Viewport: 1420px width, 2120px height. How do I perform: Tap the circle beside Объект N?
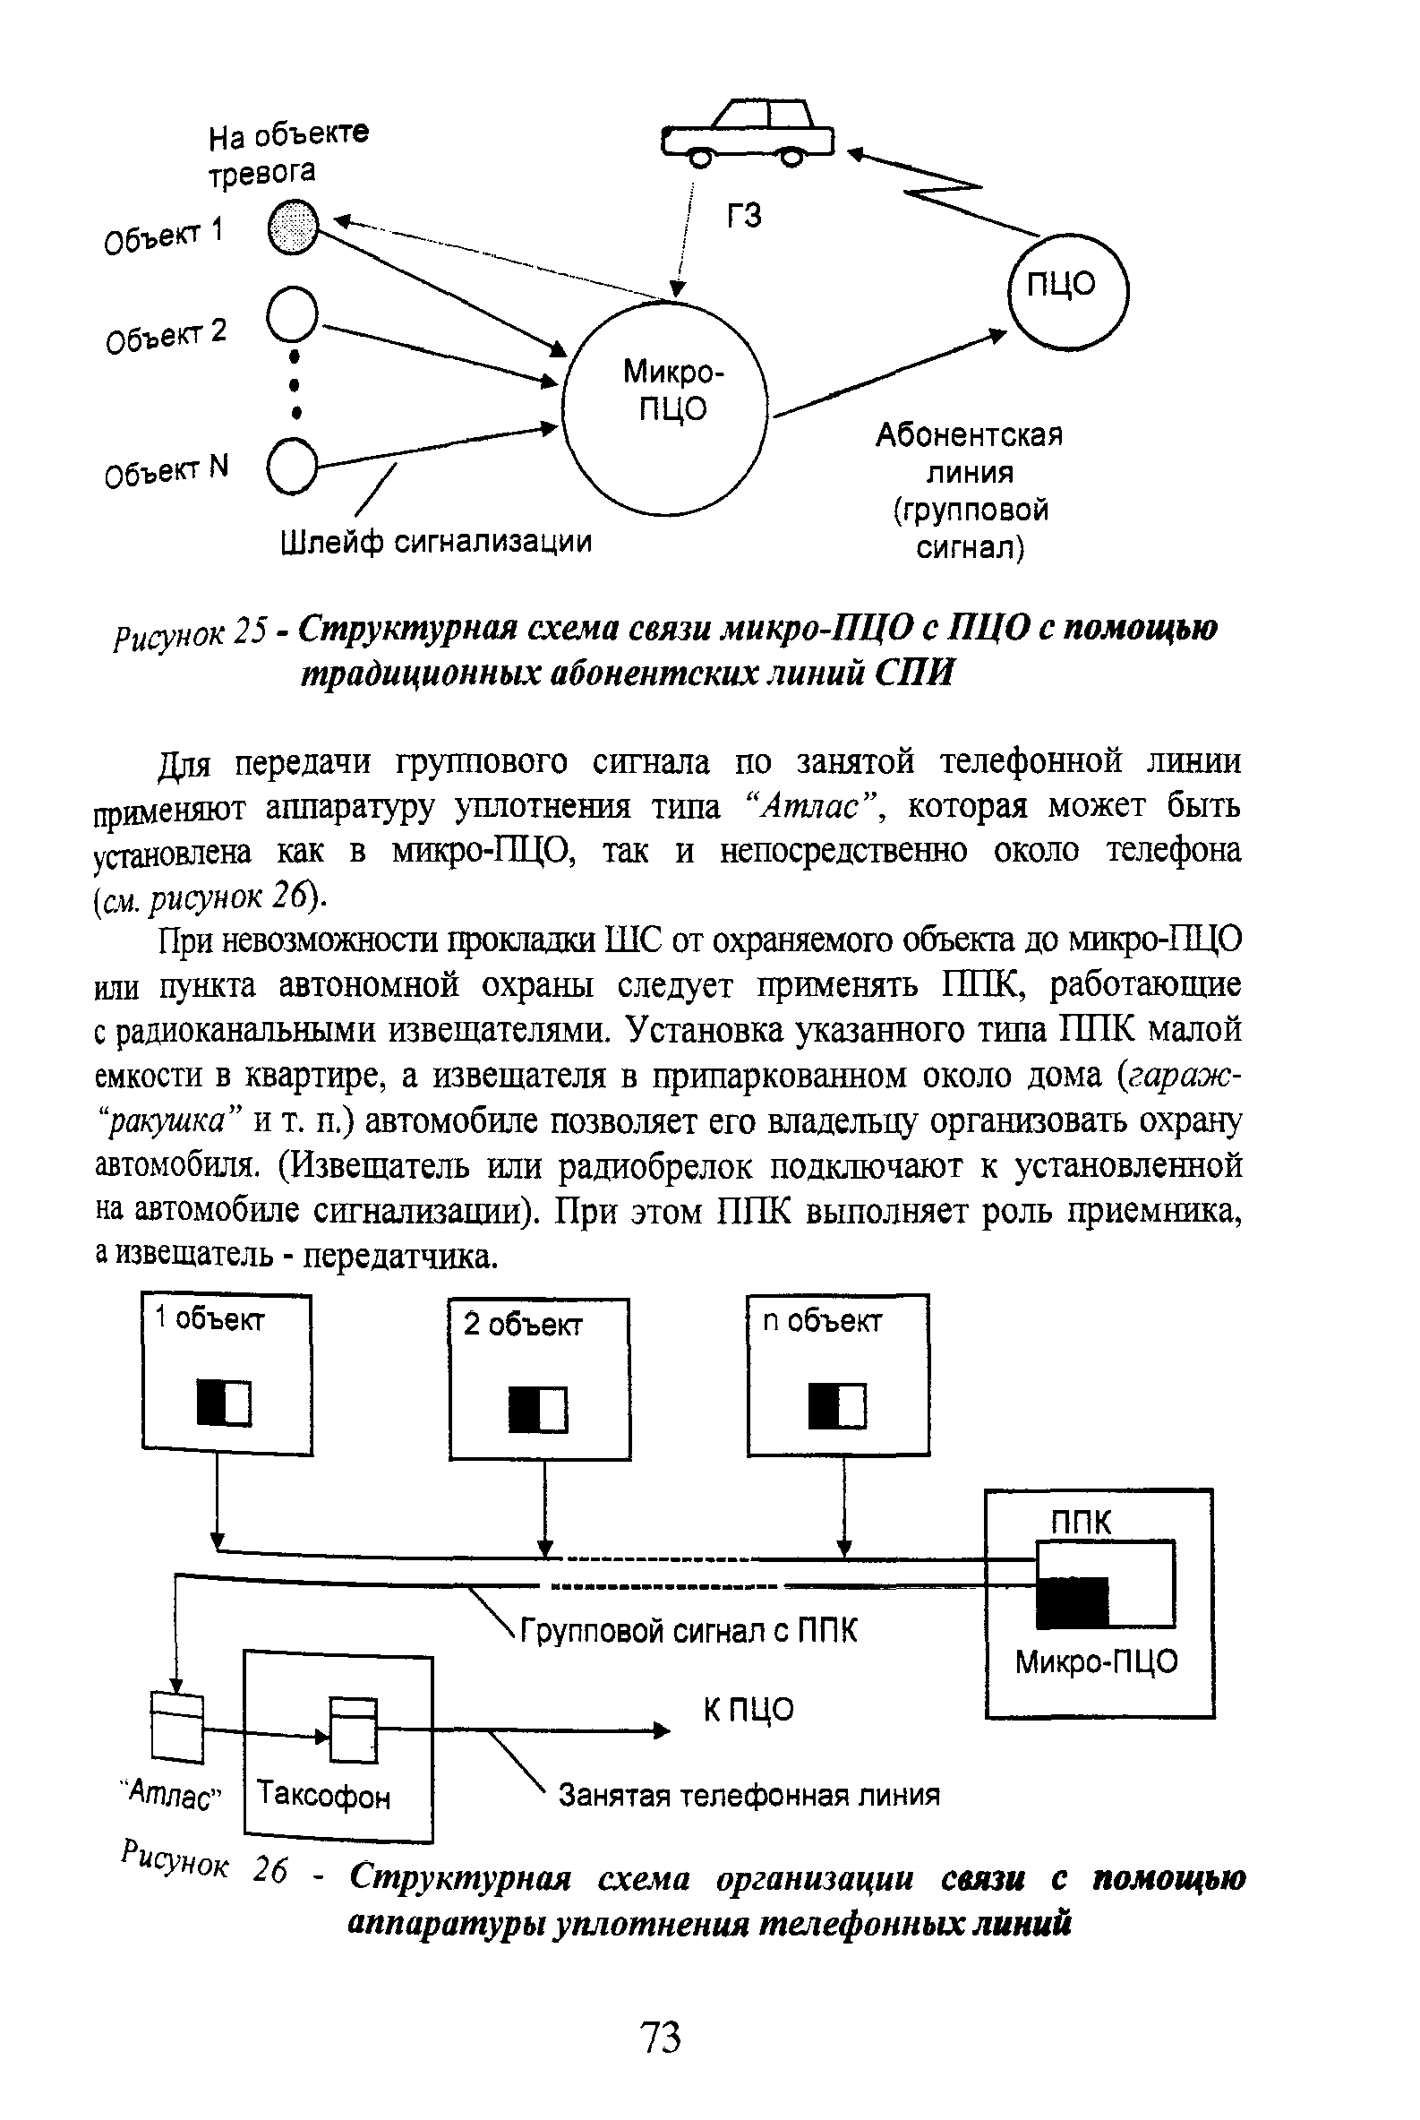coord(292,467)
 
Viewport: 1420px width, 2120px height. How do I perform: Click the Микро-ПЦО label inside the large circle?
coord(672,391)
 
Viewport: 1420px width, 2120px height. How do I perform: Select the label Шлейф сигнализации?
coord(436,542)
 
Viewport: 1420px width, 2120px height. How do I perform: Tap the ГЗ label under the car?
coord(744,216)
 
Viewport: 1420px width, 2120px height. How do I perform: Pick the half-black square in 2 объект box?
coord(538,1409)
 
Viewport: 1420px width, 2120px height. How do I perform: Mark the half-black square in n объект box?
coord(838,1406)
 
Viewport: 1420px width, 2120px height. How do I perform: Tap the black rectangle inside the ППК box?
coord(1073,1601)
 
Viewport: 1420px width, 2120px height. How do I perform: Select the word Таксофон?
coord(323,1794)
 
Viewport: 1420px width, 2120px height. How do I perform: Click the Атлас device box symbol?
coord(177,1728)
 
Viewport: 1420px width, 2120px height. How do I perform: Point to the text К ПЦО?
coord(748,1710)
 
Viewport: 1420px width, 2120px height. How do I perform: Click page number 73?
coord(660,2038)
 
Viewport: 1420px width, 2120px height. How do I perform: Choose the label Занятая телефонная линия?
coord(748,1795)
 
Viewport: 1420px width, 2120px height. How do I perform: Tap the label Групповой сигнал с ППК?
coord(688,1632)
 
